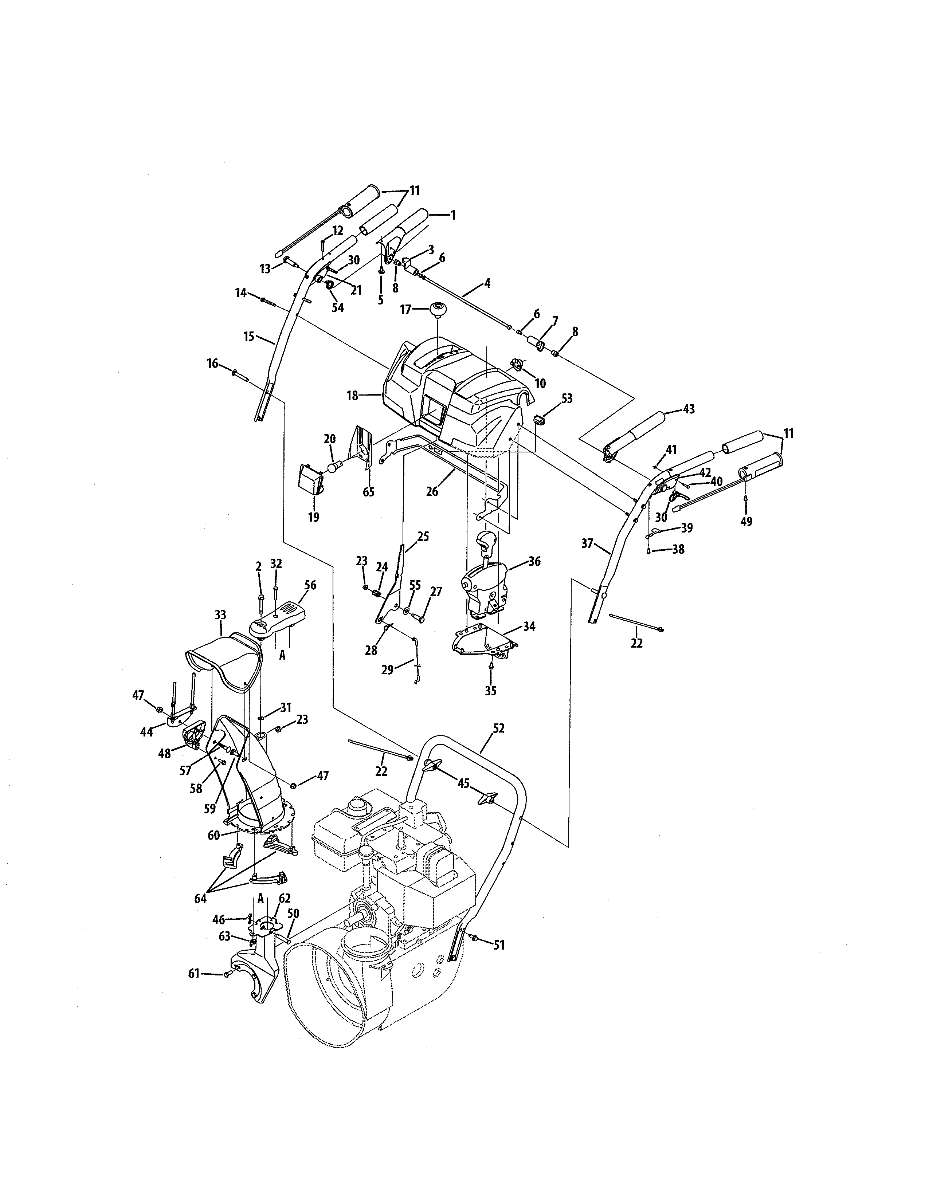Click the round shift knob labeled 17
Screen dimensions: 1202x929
click(438, 310)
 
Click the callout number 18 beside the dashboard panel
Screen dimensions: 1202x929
click(352, 395)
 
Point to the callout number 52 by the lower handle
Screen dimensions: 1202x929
click(499, 728)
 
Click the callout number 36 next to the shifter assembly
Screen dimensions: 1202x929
click(534, 561)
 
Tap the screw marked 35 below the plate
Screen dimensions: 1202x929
click(490, 667)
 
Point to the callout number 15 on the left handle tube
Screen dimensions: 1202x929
click(249, 336)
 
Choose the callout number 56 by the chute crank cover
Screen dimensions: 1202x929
click(310, 585)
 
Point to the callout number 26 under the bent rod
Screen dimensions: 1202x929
click(432, 491)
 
